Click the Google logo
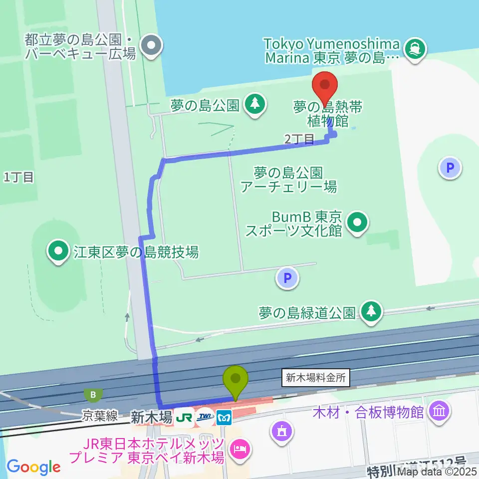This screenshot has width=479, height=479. pos(34,467)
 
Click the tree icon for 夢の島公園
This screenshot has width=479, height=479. pos(255,104)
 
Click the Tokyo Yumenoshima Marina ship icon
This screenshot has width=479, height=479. pos(415,48)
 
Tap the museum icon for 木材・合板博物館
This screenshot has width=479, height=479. pos(440,412)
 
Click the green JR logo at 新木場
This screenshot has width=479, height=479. pos(185,416)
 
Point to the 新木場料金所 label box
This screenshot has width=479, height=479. pos(316,378)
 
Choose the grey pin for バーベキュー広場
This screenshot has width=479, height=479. pos(149,46)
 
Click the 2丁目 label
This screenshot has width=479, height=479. pos(299,139)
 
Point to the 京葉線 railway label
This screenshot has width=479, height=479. pos(101,416)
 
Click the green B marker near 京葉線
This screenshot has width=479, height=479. pos(93,395)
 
